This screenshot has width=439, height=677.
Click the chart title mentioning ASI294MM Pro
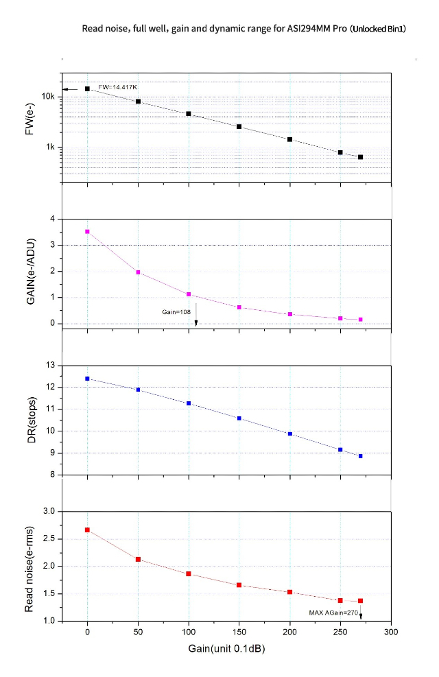pos(244,29)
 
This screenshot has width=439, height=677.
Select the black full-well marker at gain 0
pos(87,88)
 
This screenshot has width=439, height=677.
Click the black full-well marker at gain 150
pos(239,127)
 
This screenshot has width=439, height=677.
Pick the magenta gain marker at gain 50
pos(138,272)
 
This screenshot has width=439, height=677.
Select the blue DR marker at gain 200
pos(290,433)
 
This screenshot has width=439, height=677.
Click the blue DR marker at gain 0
pos(87,379)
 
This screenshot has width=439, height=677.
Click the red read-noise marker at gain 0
pos(87,530)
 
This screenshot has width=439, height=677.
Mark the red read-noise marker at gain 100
pos(188,573)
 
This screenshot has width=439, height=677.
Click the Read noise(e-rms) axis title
pos(30,566)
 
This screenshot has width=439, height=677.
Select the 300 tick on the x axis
pos(391,631)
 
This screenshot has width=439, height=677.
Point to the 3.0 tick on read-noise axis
pos(48,511)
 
